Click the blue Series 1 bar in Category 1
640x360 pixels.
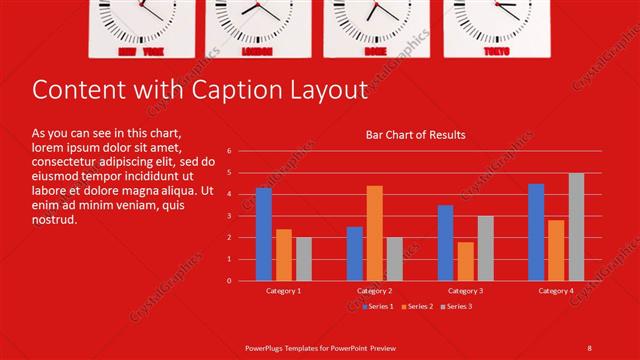(x=264, y=234)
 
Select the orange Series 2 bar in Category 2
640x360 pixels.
(x=374, y=233)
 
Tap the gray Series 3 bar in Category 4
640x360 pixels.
(x=576, y=227)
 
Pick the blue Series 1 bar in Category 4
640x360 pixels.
(x=536, y=232)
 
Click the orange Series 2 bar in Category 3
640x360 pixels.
(x=465, y=261)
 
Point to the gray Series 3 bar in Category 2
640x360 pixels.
(x=394, y=259)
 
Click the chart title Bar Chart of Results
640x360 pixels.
(x=415, y=134)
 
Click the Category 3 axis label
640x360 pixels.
(x=465, y=290)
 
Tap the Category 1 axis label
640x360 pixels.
(x=284, y=290)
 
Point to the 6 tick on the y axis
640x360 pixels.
(x=230, y=151)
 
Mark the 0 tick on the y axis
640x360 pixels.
(x=230, y=281)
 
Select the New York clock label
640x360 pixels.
(x=141, y=50)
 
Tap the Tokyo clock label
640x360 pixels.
(x=496, y=50)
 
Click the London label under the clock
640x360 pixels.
(x=257, y=50)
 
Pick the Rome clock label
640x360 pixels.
(x=375, y=50)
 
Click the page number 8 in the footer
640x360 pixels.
(x=589, y=346)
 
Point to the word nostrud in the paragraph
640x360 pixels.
(x=54, y=219)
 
